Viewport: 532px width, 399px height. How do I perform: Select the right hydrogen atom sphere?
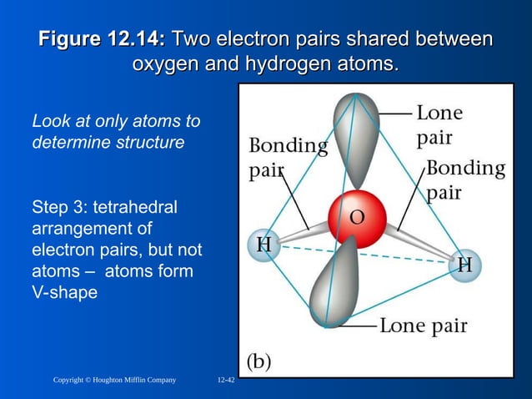point(464,265)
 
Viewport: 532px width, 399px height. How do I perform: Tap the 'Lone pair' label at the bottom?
point(423,325)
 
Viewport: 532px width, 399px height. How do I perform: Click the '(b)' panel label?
point(258,361)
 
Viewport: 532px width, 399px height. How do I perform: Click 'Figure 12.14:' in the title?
point(103,39)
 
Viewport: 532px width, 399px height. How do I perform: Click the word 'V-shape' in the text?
point(65,293)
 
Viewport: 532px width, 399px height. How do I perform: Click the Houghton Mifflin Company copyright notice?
point(114,381)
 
